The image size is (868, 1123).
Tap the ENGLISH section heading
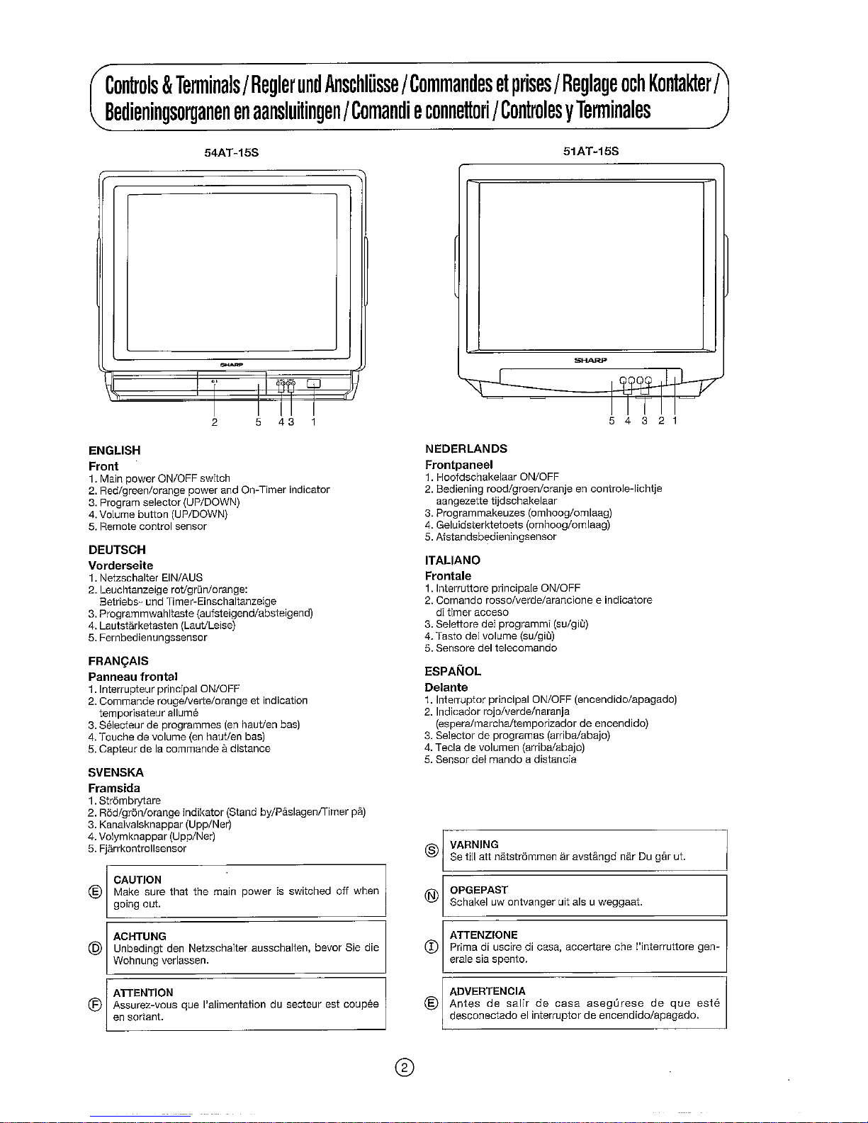[x=114, y=450]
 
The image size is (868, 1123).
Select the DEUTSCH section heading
[x=117, y=549]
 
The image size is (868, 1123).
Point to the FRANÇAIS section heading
[x=118, y=661]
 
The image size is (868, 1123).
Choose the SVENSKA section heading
[x=116, y=772]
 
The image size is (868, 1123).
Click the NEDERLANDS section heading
[x=466, y=448]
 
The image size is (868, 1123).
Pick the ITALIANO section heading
[x=453, y=560]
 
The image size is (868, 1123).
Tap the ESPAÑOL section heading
[x=453, y=671]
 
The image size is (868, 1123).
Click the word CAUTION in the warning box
[x=137, y=879]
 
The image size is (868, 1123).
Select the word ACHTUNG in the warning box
[x=140, y=936]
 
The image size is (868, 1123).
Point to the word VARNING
[x=474, y=844]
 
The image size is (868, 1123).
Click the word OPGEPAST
[x=478, y=889]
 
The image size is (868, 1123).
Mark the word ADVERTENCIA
[x=487, y=991]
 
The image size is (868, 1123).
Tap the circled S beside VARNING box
[x=429, y=850]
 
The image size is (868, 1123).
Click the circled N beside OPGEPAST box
[x=429, y=896]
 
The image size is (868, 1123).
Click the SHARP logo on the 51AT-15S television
[x=591, y=360]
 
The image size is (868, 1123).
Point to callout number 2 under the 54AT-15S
[x=214, y=423]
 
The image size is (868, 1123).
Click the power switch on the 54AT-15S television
[x=313, y=384]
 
